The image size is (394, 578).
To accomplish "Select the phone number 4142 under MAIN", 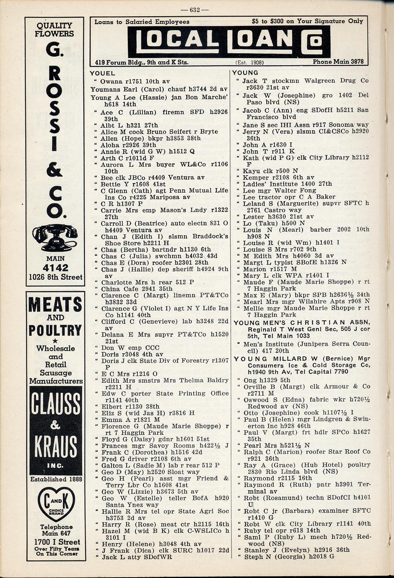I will pyautogui.click(x=56, y=268).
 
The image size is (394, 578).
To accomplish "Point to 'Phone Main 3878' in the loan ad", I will pyautogui.click(x=338, y=61).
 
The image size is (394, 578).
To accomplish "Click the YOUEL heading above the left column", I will pyautogui.click(x=102, y=73).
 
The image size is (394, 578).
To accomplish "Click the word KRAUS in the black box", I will pyautogui.click(x=56, y=447).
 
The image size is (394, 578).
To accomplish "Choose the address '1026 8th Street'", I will pyautogui.click(x=56, y=277).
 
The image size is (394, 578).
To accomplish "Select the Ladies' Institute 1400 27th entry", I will pyautogui.click(x=287, y=184).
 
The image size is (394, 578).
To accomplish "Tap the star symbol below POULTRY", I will pyautogui.click(x=55, y=341).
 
